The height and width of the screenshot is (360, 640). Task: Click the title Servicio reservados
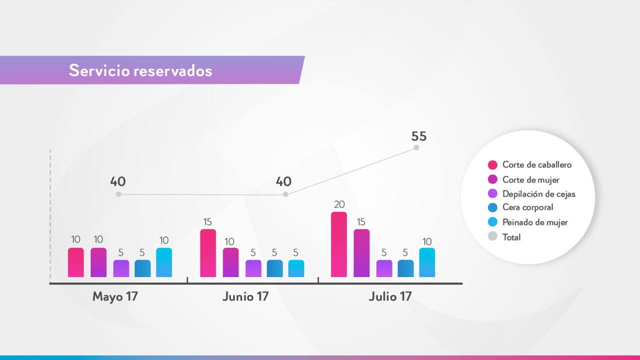140,70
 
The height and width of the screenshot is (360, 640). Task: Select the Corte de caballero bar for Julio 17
339,244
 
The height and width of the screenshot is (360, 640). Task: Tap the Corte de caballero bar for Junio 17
208,253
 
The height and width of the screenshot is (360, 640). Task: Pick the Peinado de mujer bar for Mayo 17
164,262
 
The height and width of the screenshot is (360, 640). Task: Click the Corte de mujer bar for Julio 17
361,253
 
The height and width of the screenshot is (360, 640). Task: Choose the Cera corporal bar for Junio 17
274,268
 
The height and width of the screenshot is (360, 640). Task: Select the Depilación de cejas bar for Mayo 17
121,268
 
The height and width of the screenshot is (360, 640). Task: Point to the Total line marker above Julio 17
416,147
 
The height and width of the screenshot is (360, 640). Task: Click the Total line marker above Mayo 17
118,194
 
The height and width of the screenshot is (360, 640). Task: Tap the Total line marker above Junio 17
285,194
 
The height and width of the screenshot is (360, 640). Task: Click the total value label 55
419,136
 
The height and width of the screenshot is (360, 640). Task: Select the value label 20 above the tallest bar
339,204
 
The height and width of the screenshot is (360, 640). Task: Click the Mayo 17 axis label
115,296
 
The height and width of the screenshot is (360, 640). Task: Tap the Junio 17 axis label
245,296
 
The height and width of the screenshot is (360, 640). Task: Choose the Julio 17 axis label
390,296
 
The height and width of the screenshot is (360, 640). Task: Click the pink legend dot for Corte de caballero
492,165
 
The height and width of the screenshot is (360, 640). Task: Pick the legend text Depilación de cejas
539,194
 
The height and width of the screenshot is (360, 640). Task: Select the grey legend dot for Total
492,237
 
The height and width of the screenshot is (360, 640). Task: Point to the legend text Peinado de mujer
535,222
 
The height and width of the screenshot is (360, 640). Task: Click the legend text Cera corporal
528,207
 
